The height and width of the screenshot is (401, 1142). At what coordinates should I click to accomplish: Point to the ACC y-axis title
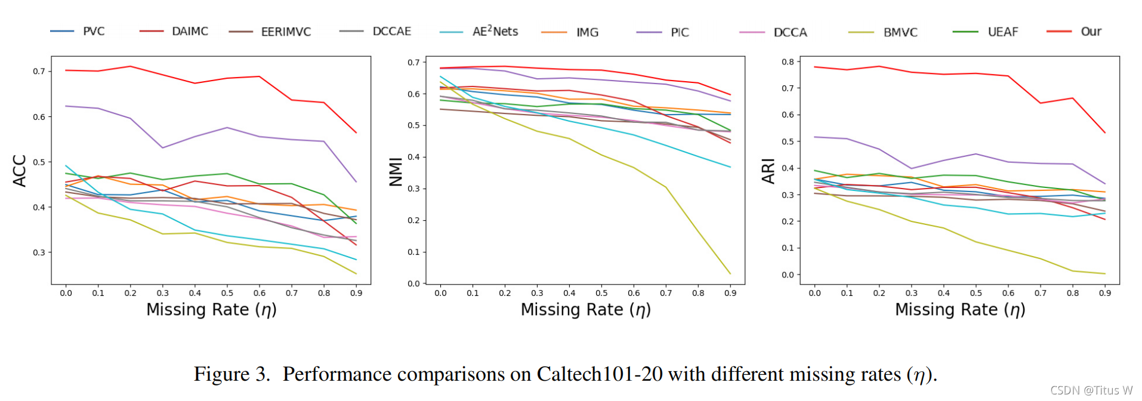pyautogui.click(x=20, y=171)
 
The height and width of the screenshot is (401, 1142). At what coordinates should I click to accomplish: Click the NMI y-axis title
pyautogui.click(x=396, y=172)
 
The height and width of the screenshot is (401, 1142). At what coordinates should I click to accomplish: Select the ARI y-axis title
pyautogui.click(x=768, y=171)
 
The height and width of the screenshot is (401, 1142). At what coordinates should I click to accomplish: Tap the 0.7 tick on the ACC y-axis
pyautogui.click(x=39, y=71)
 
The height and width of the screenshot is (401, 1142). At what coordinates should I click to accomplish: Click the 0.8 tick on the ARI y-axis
pyautogui.click(x=788, y=61)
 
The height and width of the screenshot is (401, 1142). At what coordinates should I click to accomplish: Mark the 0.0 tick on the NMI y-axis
pyautogui.click(x=413, y=283)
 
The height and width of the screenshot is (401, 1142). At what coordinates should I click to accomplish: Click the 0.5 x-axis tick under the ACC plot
pyautogui.click(x=227, y=293)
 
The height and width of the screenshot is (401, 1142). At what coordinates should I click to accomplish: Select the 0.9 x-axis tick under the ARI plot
pyautogui.click(x=1104, y=293)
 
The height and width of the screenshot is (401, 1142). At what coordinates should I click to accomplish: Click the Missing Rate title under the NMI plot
pyautogui.click(x=585, y=310)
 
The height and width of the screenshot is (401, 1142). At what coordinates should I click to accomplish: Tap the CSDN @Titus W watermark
pyautogui.click(x=1091, y=390)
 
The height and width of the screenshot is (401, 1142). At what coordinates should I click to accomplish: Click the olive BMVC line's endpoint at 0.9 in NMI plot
pyautogui.click(x=730, y=274)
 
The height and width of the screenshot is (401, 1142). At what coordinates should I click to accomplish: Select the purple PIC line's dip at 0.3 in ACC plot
pyautogui.click(x=162, y=147)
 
